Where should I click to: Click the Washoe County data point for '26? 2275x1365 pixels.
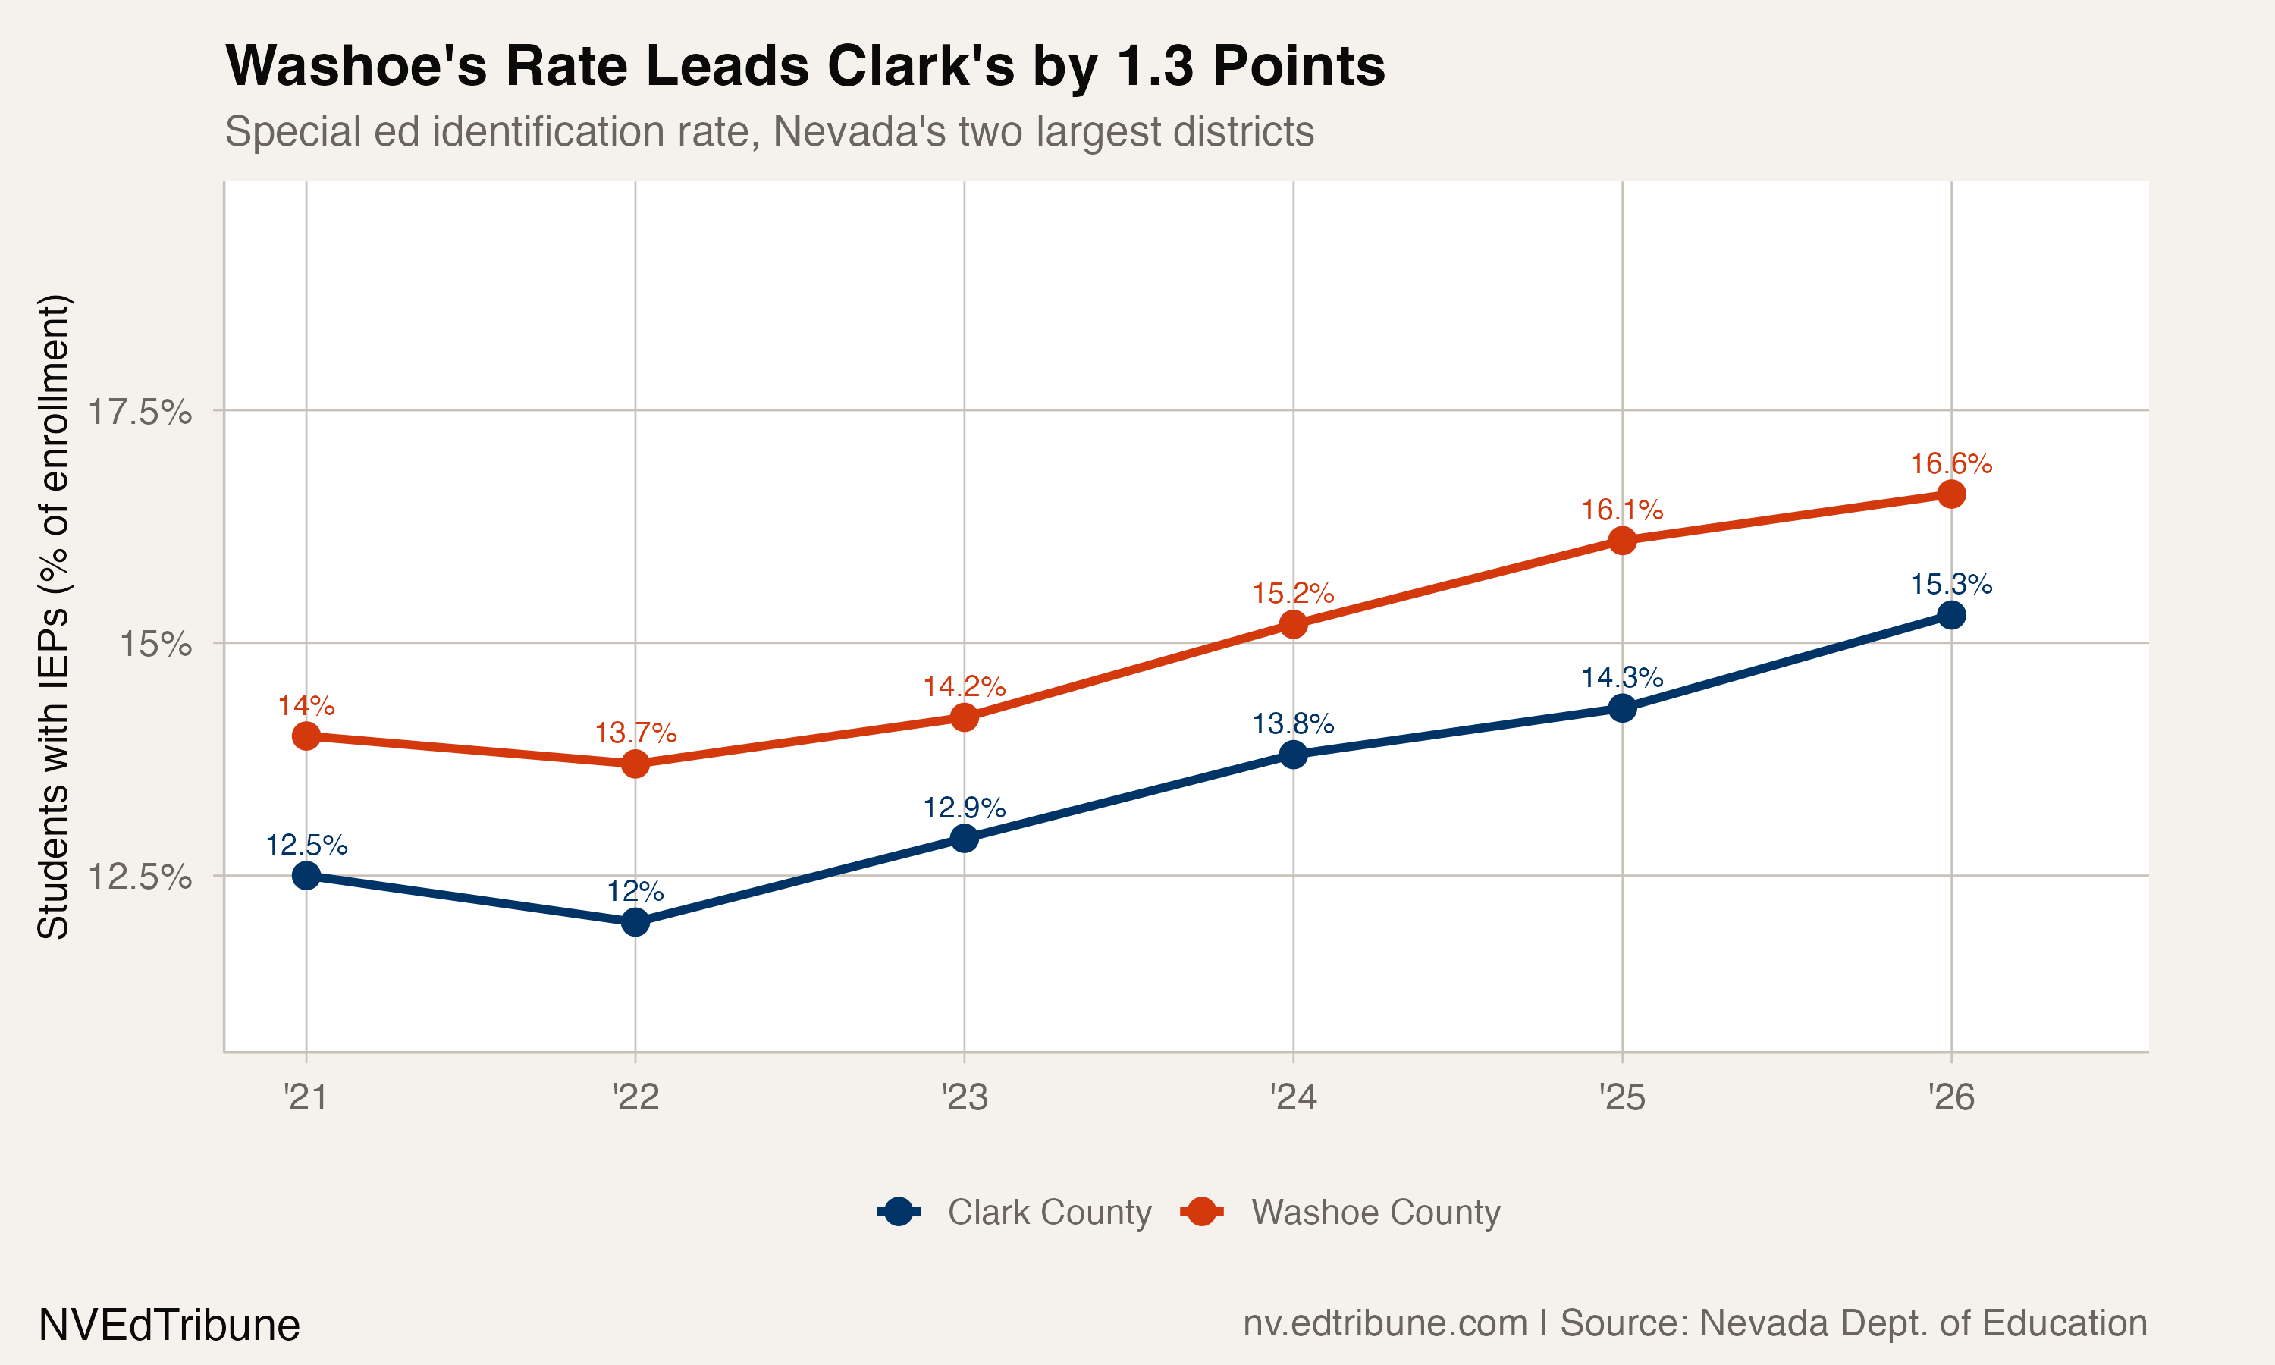click(x=1950, y=494)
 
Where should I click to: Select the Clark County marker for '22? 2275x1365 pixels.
click(x=635, y=921)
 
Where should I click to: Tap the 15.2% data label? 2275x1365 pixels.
click(x=1292, y=593)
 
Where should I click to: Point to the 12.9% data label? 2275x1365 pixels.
click(x=964, y=808)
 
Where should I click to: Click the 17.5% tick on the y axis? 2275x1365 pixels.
click(x=139, y=411)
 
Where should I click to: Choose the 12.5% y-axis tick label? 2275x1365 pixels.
click(x=139, y=877)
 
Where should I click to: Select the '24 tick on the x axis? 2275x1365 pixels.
click(x=1293, y=1097)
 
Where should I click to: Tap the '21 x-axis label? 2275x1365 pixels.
click(x=306, y=1097)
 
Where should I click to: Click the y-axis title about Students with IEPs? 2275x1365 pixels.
click(x=53, y=617)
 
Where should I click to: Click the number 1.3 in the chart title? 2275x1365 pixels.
click(x=1155, y=66)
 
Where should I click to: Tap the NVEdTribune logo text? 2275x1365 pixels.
click(x=169, y=1326)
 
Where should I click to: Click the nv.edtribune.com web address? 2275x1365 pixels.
click(x=1384, y=1323)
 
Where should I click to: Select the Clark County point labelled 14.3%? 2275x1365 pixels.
click(x=1622, y=708)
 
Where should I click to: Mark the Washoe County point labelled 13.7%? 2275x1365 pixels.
click(x=635, y=764)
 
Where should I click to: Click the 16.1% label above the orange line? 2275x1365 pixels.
click(x=1621, y=510)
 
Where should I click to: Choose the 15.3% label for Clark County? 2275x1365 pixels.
click(x=1950, y=584)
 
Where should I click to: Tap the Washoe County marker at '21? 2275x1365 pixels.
click(x=306, y=736)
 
